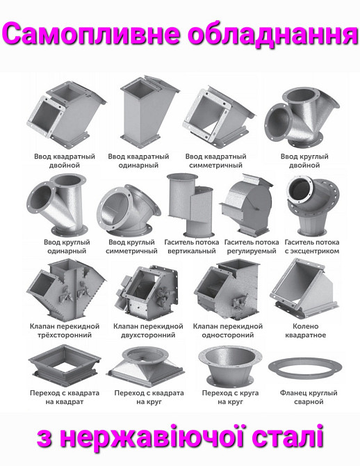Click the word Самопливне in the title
click(x=91, y=34)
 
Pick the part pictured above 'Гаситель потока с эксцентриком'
click(x=313, y=205)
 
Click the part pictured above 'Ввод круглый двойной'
click(x=302, y=118)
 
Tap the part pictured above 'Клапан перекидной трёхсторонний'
click(x=66, y=290)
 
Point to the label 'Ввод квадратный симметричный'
click(x=216, y=161)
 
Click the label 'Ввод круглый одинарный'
click(x=67, y=246)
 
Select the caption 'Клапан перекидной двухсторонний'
click(x=148, y=331)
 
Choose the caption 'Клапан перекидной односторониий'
click(x=228, y=331)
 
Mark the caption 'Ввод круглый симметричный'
click(x=131, y=246)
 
